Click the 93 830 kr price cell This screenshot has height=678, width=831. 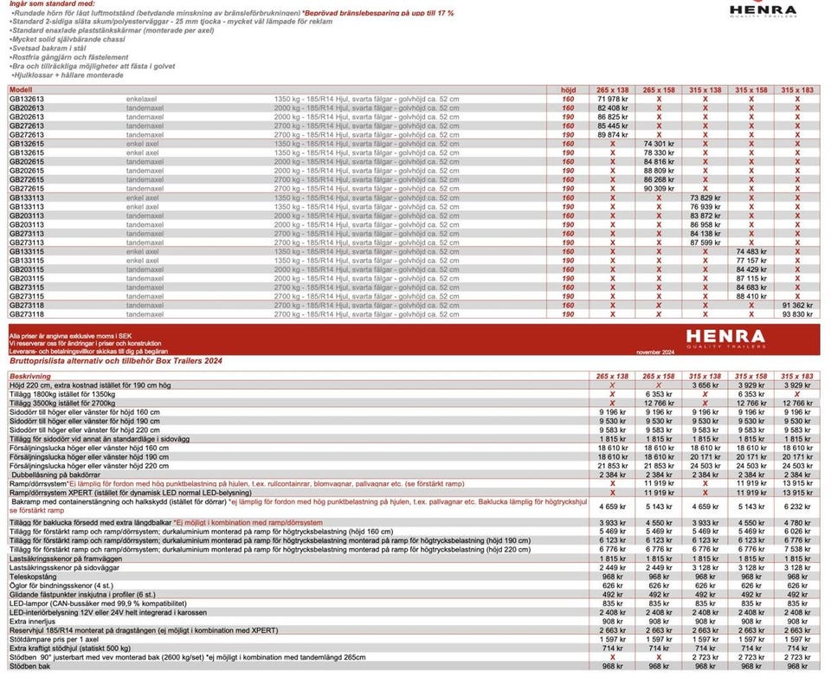797,314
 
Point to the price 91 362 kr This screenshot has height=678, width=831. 797,306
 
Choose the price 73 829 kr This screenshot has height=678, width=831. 705,197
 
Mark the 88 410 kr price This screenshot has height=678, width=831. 751,296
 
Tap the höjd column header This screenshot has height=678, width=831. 568,89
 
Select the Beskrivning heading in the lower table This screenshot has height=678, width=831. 30,377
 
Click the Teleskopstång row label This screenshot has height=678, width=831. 32,575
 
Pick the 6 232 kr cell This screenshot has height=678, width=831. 797,506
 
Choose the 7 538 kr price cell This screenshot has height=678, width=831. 797,548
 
